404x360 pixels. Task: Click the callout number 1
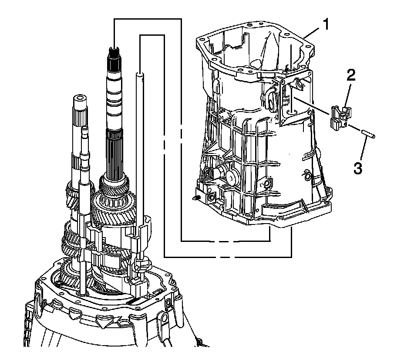[326, 25]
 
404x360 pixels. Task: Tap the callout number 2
[351, 75]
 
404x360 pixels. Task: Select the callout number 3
[357, 168]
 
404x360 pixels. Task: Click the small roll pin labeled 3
[368, 134]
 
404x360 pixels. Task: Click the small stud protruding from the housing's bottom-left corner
[195, 198]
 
